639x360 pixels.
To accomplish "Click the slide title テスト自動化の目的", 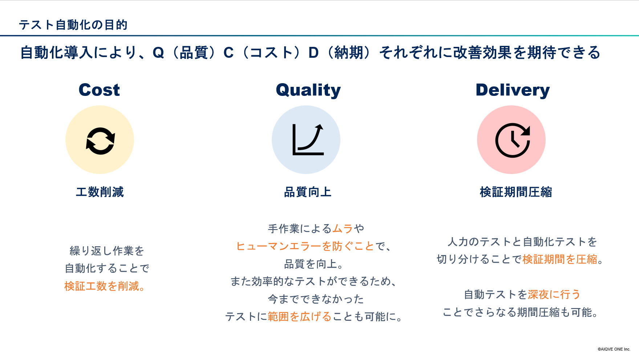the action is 73,25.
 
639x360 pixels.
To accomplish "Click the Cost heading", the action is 99,90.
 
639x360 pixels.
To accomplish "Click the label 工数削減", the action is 100,192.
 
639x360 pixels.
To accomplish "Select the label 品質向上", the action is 308,192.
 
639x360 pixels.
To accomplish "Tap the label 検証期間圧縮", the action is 516,192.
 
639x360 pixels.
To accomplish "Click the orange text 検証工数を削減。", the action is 105,286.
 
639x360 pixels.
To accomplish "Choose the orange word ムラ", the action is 343,228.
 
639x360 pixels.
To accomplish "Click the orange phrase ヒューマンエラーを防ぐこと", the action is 305,246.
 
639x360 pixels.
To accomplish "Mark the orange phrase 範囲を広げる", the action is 300,317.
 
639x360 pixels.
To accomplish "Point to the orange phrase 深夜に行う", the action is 554,294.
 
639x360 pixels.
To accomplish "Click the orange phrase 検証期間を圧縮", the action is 560,259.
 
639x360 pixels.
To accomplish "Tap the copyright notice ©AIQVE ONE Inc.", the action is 614,349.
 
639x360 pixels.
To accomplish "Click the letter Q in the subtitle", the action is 158,53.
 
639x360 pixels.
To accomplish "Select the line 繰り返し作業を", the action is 107,251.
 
